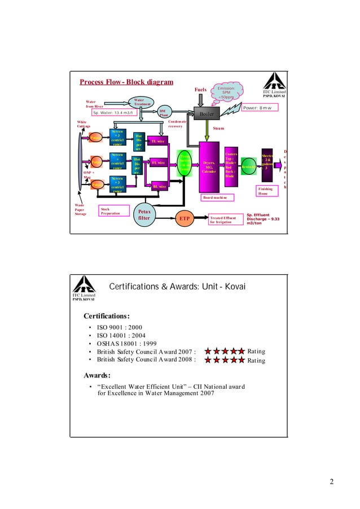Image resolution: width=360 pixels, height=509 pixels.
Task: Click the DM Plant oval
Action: click(x=163, y=112)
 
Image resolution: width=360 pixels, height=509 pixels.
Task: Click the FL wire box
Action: click(x=158, y=163)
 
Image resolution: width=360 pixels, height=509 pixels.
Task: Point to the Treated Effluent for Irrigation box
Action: click(x=223, y=220)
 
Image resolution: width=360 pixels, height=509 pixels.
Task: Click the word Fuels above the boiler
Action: click(x=200, y=90)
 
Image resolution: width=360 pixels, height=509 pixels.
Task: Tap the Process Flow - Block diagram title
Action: click(x=126, y=82)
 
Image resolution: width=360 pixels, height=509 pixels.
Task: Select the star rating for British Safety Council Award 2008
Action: click(x=224, y=360)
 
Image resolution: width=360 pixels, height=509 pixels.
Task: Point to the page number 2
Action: click(x=332, y=481)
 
